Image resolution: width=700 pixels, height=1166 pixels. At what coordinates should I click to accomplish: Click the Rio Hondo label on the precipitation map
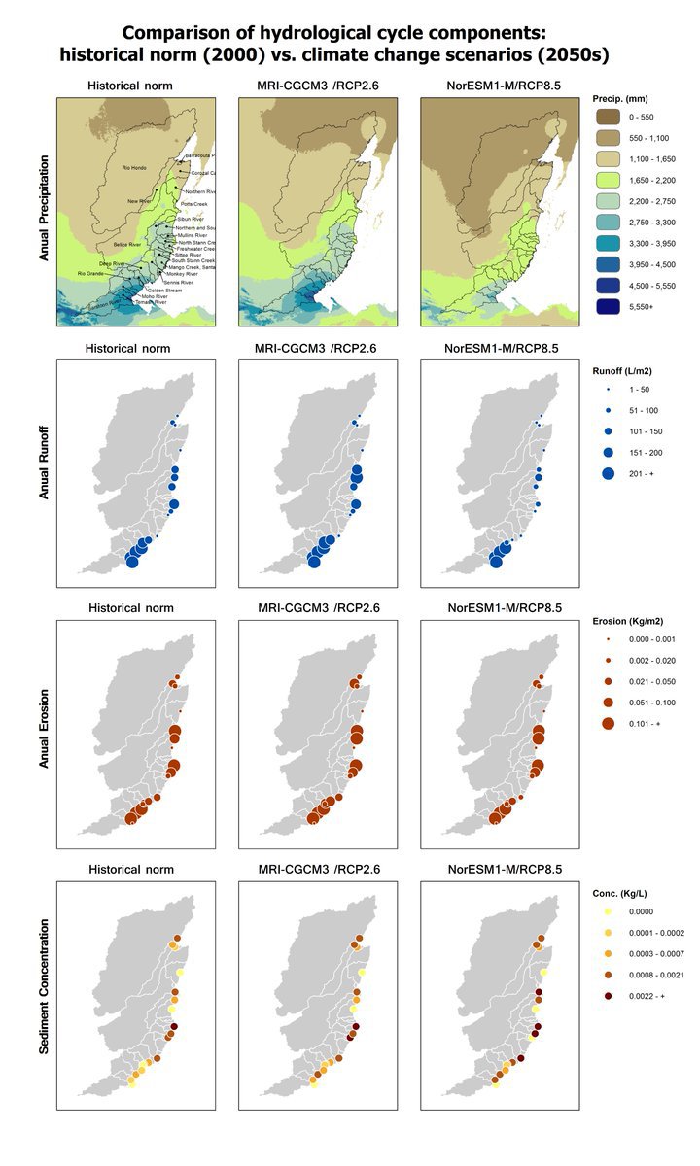tap(134, 168)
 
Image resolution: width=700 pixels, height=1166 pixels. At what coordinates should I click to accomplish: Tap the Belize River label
tap(127, 244)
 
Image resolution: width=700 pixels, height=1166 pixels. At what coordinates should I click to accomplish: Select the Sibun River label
tap(191, 221)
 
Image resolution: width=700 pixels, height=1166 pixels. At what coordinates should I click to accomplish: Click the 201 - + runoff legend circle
tap(608, 473)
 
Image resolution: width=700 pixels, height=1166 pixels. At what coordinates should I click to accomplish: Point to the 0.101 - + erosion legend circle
tap(608, 724)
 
